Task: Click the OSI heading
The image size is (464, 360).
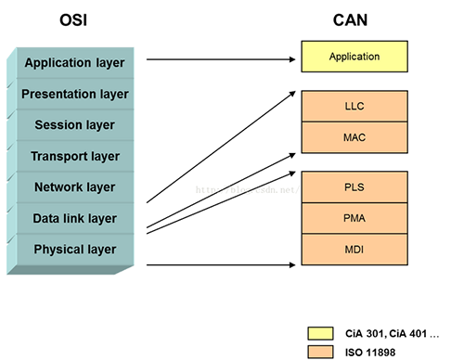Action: (x=81, y=18)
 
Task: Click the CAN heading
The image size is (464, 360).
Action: (x=354, y=18)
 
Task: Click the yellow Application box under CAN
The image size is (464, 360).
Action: (x=354, y=57)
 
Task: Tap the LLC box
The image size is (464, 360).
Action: (x=354, y=106)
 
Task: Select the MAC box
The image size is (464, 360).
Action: (x=354, y=136)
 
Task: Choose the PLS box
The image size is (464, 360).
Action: (x=354, y=186)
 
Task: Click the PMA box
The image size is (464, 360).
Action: (x=354, y=218)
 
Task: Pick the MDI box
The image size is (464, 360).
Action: (x=354, y=249)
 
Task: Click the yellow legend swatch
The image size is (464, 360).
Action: (x=322, y=332)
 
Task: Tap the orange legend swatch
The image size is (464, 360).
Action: (x=322, y=351)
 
